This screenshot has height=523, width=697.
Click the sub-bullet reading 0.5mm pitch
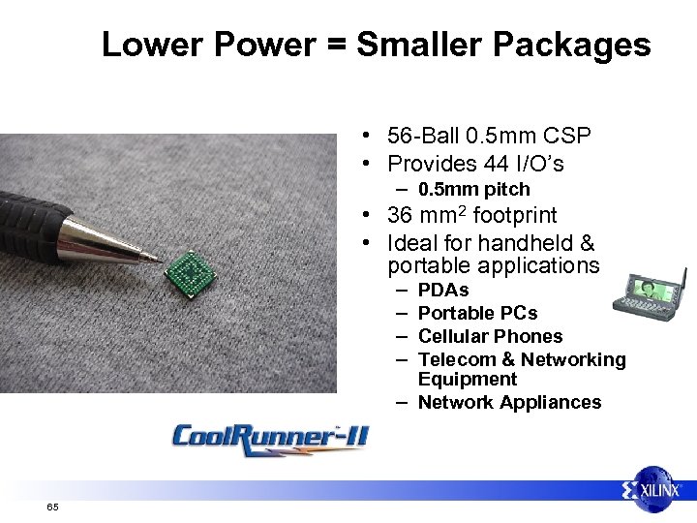[473, 189]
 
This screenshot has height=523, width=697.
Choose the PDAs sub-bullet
[443, 290]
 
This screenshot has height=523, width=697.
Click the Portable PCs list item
[477, 313]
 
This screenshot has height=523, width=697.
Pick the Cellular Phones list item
[490, 336]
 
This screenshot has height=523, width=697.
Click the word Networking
[574, 359]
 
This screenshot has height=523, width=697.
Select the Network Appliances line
[509, 402]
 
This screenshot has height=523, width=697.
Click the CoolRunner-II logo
[270, 437]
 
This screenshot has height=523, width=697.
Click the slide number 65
[52, 508]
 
